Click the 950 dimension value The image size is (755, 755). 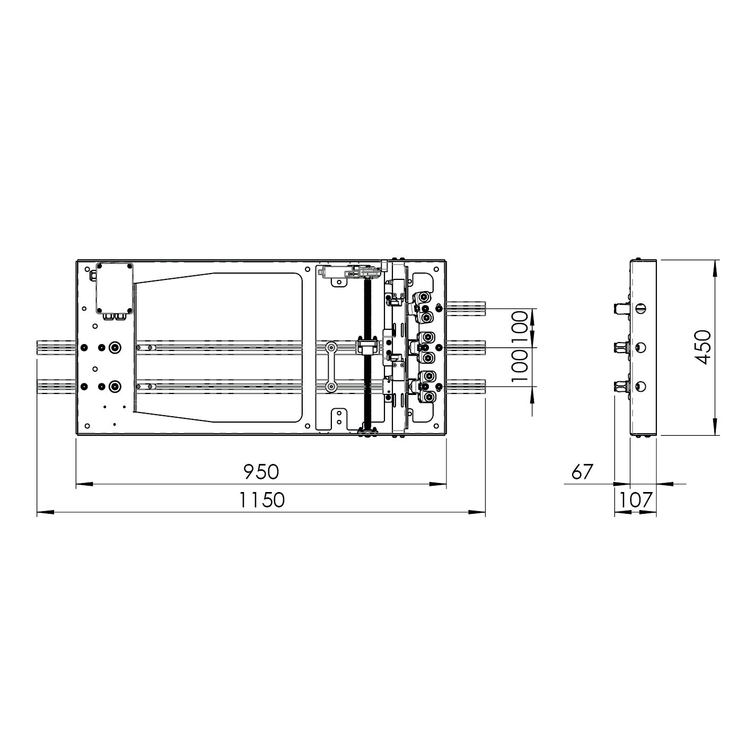(x=261, y=472)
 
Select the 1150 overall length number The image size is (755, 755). (x=262, y=500)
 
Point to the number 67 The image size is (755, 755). (x=582, y=472)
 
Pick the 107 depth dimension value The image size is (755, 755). (x=636, y=500)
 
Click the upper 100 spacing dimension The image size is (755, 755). (x=520, y=327)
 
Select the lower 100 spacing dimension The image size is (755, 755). (x=520, y=366)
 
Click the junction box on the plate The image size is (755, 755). (x=115, y=288)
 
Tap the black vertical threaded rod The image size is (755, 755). (x=367, y=353)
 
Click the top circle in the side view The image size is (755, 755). (x=641, y=309)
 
